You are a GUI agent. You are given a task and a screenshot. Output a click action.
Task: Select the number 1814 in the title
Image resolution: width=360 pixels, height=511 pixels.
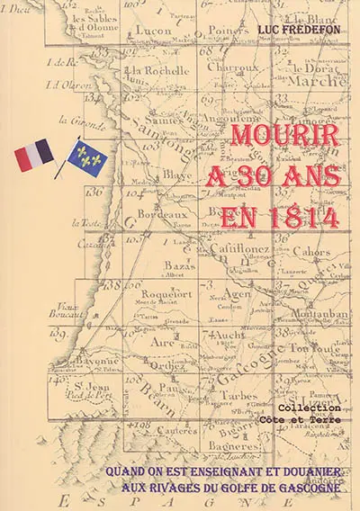[301, 216]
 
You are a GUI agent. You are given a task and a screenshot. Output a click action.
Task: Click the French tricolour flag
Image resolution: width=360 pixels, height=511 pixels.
[33, 157]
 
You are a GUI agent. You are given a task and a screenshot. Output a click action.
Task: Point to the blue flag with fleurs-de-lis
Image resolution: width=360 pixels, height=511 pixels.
[86, 157]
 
